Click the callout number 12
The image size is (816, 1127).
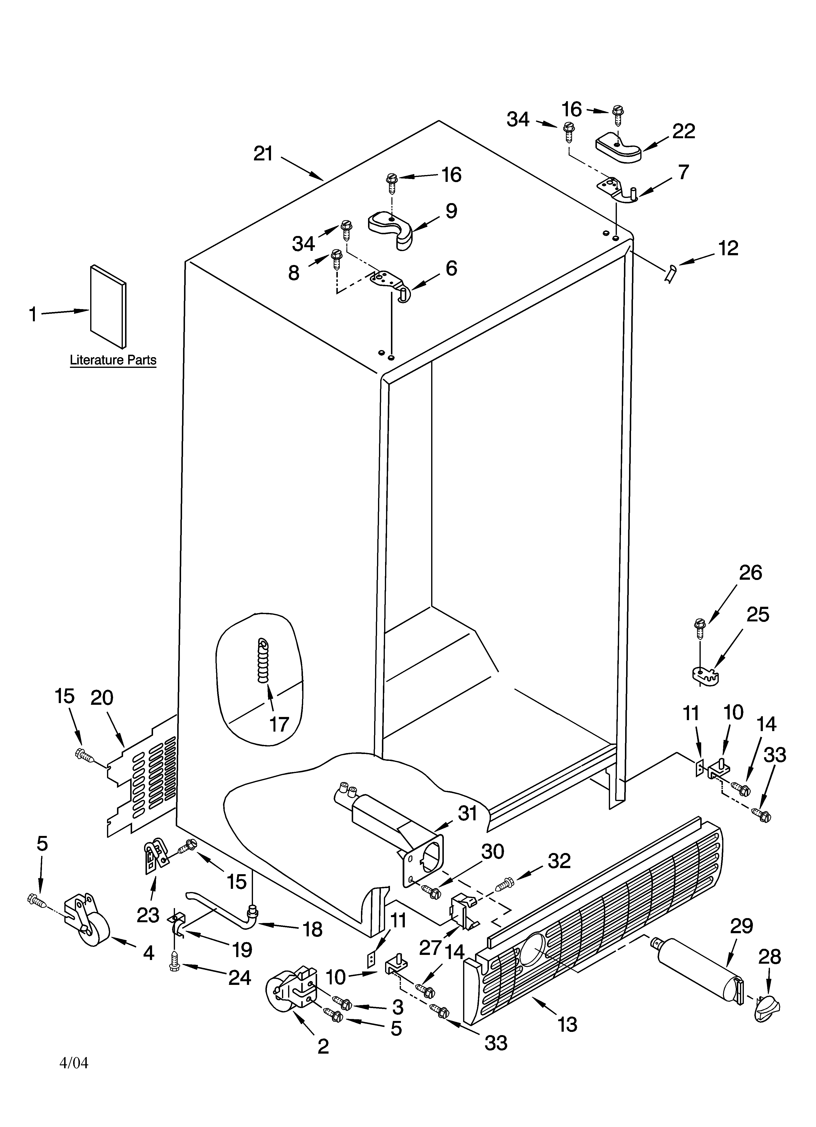pos(728,248)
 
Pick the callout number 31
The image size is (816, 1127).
pos(467,813)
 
